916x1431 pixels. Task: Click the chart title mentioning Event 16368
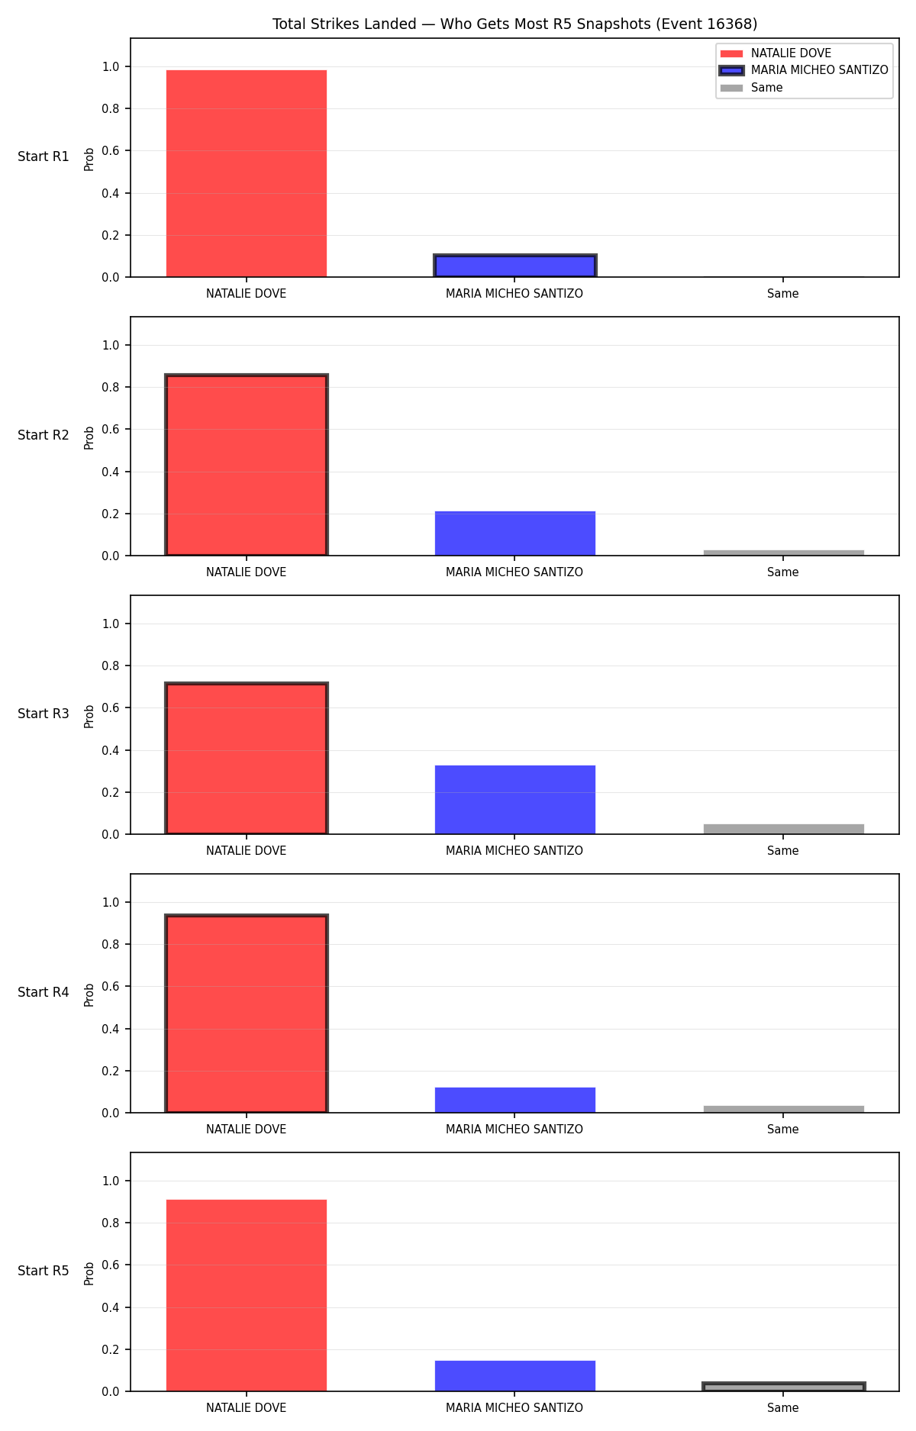click(x=514, y=24)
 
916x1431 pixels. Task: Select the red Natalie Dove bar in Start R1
click(x=247, y=173)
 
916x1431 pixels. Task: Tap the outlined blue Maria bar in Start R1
click(x=515, y=266)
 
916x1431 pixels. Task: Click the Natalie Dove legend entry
click(x=776, y=53)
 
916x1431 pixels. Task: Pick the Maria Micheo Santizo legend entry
click(x=805, y=70)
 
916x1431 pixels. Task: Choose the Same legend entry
click(x=752, y=88)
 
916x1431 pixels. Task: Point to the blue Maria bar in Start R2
click(x=515, y=533)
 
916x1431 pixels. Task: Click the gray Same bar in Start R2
click(x=784, y=553)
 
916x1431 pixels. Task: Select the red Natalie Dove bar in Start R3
click(x=247, y=759)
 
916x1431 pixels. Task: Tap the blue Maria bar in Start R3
click(x=515, y=800)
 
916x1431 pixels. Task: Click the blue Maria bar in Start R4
click(x=515, y=1100)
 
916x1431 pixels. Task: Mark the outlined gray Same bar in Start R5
click(x=784, y=1387)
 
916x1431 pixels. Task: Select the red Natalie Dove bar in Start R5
click(x=247, y=1295)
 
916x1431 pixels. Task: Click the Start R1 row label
click(x=44, y=156)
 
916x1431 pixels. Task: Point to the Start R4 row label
click(x=44, y=992)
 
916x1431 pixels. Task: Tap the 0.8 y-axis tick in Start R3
click(x=111, y=666)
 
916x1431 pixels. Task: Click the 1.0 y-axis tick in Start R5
click(x=111, y=1181)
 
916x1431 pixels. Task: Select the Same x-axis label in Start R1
click(x=783, y=294)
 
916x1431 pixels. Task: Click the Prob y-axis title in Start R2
click(x=89, y=437)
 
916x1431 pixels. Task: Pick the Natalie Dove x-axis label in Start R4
click(x=247, y=1130)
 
